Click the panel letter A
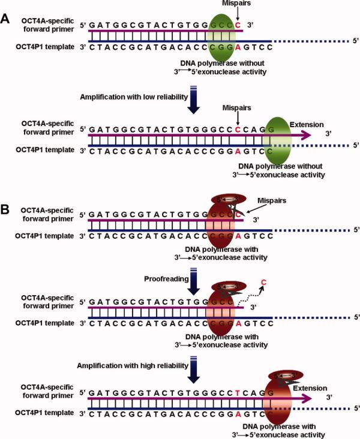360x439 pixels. point(5,18)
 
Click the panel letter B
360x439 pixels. point(5,211)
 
